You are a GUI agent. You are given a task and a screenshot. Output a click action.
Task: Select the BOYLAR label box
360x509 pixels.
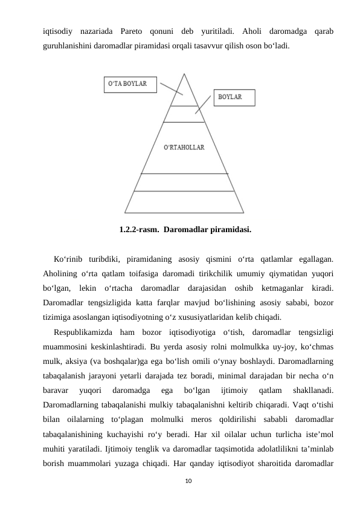click(x=230, y=97)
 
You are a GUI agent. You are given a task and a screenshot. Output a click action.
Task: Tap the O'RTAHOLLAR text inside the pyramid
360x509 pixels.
click(x=184, y=147)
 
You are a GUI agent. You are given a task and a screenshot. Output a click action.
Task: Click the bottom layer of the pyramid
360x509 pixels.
click(x=184, y=201)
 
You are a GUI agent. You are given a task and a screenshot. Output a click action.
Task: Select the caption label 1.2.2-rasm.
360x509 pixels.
click(x=139, y=230)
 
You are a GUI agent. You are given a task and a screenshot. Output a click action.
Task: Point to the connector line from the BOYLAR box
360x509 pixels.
click(x=205, y=105)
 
